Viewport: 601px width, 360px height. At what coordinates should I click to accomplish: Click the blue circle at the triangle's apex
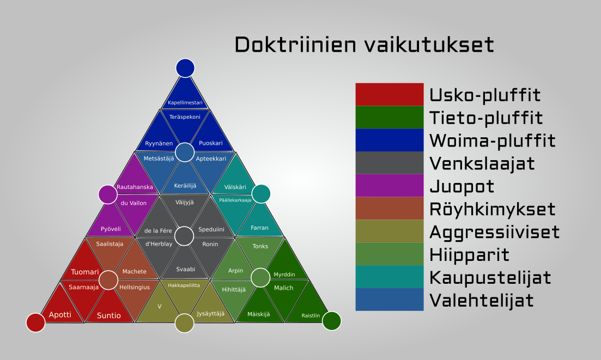click(x=185, y=68)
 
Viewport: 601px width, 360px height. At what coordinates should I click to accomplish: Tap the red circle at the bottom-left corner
click(x=35, y=322)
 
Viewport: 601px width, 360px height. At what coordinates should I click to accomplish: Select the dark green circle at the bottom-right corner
click(x=331, y=321)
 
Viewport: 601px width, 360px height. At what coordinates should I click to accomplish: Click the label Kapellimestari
click(x=185, y=102)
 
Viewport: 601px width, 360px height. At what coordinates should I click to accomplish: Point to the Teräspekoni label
click(x=185, y=117)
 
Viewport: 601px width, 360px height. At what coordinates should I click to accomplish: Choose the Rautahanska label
click(x=135, y=187)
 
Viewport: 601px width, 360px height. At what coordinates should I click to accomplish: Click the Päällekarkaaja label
click(x=235, y=200)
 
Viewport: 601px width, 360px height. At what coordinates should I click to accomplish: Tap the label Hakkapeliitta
click(x=184, y=285)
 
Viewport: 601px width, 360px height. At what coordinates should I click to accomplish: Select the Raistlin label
click(x=311, y=315)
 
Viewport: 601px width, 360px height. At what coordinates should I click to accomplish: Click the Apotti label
click(x=60, y=314)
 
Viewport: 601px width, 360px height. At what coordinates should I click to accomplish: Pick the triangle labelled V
click(x=158, y=303)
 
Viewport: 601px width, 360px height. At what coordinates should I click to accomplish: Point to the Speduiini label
click(x=211, y=229)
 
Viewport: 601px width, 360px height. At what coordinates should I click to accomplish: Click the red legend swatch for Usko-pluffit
click(x=390, y=95)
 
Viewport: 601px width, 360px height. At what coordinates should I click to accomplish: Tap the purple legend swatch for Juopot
click(x=390, y=185)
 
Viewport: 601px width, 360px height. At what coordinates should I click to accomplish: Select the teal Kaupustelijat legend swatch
click(x=390, y=277)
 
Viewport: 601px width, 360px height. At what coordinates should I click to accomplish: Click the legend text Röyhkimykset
click(x=492, y=209)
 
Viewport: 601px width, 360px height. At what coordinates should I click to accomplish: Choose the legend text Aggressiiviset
click(x=494, y=233)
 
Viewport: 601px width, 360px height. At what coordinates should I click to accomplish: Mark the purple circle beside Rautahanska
click(x=108, y=194)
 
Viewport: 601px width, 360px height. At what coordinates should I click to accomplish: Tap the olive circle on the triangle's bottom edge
click(x=184, y=323)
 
